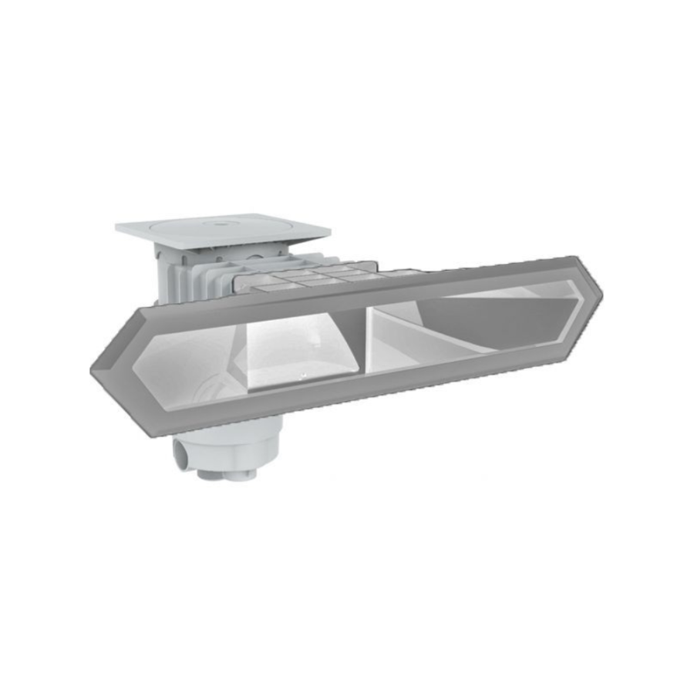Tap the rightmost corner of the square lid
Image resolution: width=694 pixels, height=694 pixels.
pos(329,231)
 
